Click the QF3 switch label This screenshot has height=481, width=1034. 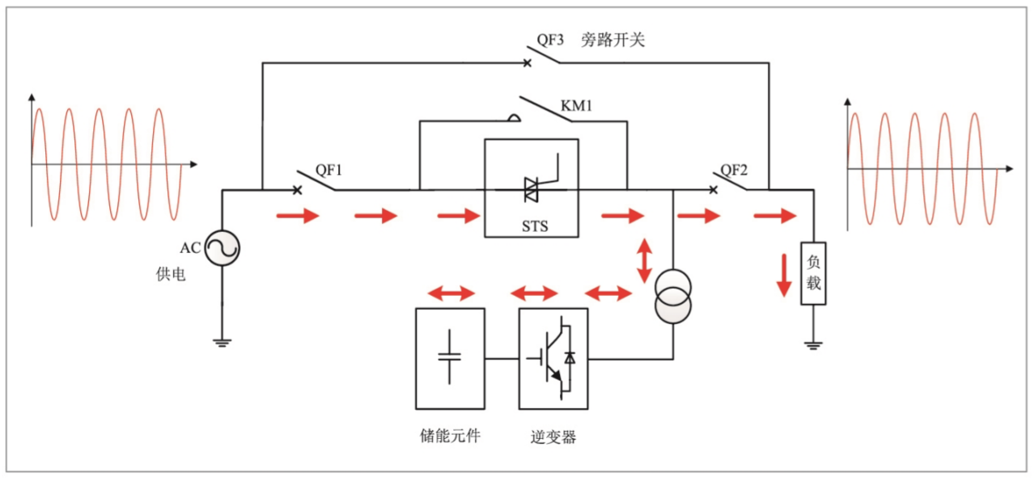tap(550, 40)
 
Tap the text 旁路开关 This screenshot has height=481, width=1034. tap(612, 40)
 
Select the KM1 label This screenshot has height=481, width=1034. tap(577, 106)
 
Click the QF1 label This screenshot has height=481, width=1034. tap(329, 170)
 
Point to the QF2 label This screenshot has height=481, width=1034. tap(734, 170)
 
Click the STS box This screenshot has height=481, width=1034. tap(531, 188)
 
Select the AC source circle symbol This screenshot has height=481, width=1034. tap(222, 247)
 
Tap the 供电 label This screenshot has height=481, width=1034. tap(170, 275)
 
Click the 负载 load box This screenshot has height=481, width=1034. tap(813, 273)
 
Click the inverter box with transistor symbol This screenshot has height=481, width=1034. tap(553, 358)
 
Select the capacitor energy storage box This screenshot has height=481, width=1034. tap(450, 358)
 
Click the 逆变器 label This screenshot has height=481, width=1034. tap(553, 437)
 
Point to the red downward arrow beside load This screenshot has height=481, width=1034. tap(782, 275)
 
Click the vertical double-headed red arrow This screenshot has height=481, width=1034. tap(644, 260)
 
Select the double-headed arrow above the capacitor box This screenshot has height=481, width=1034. tap(451, 293)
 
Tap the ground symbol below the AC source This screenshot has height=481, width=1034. tap(222, 342)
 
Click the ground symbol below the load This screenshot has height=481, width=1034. tap(813, 345)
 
